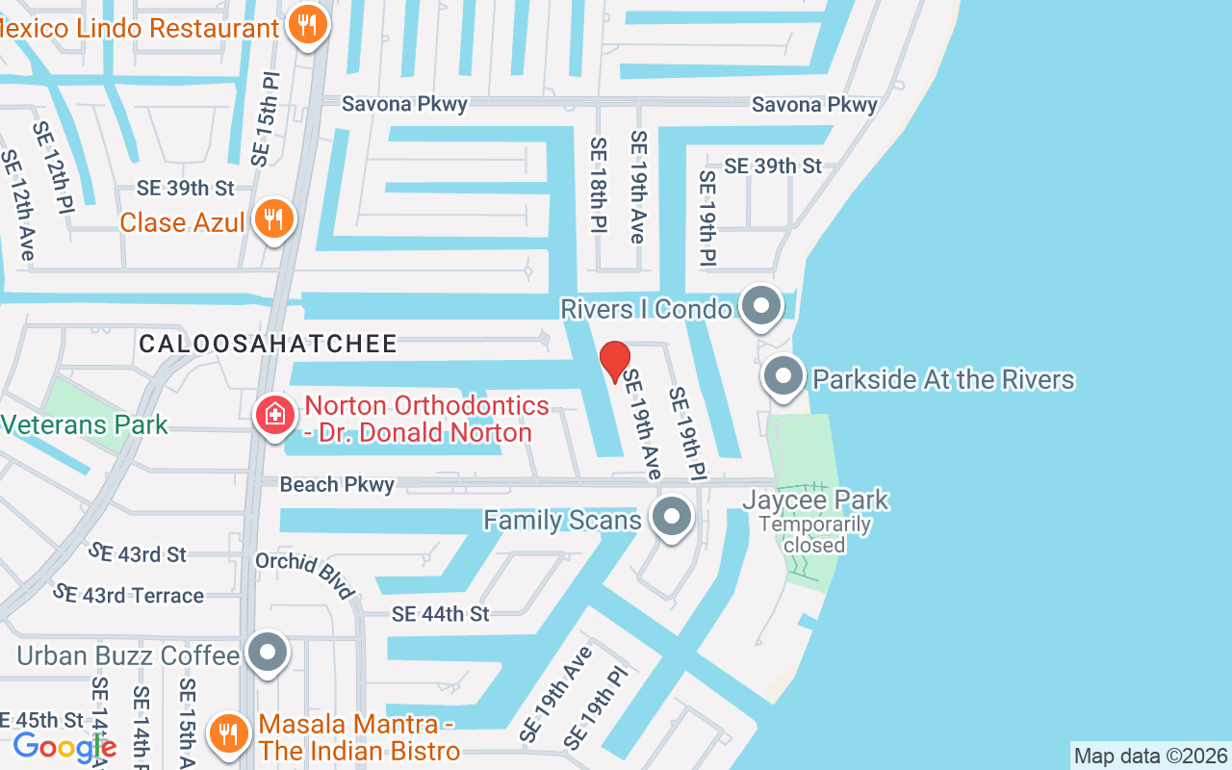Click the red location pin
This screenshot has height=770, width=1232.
point(614,360)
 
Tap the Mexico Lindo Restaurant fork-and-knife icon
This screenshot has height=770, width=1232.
point(307,26)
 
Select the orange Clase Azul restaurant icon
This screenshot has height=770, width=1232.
point(274,219)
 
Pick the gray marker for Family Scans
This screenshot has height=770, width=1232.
point(672,518)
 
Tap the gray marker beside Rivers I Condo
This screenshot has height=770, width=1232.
point(762,306)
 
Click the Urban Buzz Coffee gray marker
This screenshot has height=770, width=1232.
point(268,654)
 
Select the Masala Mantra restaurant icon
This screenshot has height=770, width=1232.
point(227,733)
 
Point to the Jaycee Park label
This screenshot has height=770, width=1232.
point(815,500)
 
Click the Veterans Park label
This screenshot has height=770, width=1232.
point(85,424)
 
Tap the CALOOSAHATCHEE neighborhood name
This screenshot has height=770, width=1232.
point(268,344)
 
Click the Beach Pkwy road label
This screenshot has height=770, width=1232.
point(337,484)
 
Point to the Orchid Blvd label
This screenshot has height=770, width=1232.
point(305,575)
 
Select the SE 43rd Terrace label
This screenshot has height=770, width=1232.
point(129,595)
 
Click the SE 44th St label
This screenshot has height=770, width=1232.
point(440,613)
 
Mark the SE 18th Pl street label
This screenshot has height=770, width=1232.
point(598,185)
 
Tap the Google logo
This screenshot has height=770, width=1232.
point(64,747)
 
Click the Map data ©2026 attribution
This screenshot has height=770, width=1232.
point(1150,756)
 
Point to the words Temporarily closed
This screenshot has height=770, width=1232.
point(814,535)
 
